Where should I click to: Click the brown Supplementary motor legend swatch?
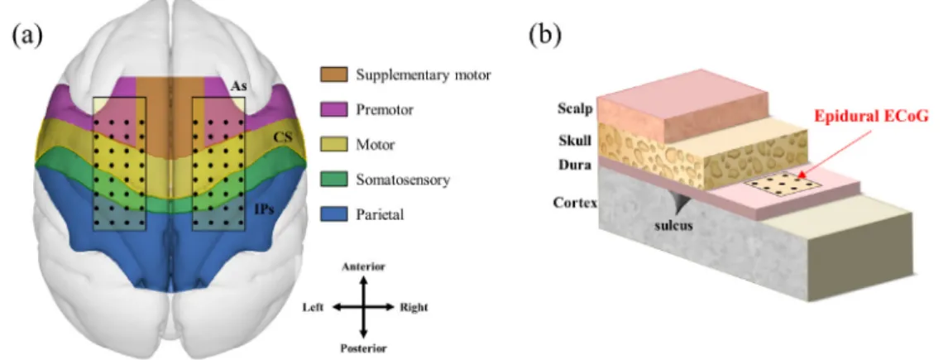click(x=333, y=75)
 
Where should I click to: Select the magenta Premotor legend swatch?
click(x=333, y=109)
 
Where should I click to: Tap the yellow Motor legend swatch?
click(x=333, y=144)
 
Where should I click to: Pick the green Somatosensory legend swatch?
click(x=333, y=179)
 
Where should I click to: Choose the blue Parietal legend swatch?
click(x=333, y=214)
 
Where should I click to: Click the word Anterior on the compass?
click(x=363, y=266)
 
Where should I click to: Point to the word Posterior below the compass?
click(x=363, y=348)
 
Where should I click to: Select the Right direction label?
click(x=414, y=307)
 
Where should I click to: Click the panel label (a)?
click(x=26, y=36)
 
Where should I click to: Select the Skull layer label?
click(x=574, y=141)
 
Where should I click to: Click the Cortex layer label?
click(x=575, y=202)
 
